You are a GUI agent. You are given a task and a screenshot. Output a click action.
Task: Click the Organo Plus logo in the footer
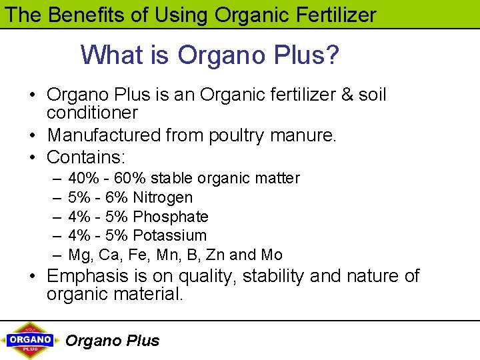click(30, 340)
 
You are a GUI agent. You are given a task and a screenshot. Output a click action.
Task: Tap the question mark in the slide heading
click(331, 55)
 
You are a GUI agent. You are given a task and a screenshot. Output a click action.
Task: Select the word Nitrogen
click(163, 197)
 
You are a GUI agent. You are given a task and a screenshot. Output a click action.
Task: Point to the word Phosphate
click(171, 217)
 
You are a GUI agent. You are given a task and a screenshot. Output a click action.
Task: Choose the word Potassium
click(170, 235)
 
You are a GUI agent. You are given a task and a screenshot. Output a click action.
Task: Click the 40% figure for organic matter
click(81, 179)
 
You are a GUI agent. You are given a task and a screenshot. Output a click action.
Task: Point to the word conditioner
click(92, 113)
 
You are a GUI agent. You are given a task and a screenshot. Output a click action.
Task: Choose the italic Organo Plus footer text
click(112, 341)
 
